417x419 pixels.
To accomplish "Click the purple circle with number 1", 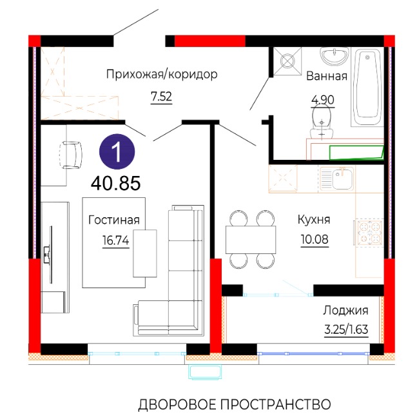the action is click(117, 151).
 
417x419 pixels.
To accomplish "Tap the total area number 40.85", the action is click(115, 183).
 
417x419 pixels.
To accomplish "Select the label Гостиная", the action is click(114, 220).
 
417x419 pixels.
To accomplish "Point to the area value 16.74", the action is click(115, 240).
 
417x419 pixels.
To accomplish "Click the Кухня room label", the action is click(314, 219).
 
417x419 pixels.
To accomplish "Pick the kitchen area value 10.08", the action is click(315, 239).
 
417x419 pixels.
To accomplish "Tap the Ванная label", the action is click(326, 76).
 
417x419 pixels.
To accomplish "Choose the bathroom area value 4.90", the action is click(323, 100).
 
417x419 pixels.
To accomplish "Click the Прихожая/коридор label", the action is click(162, 74).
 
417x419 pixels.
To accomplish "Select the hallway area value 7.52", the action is click(161, 97).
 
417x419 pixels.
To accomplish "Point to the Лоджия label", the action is click(345, 311).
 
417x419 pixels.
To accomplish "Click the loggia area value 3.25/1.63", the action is click(346, 329).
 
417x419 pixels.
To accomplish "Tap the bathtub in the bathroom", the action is click(367, 88).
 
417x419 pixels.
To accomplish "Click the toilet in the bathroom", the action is click(322, 121).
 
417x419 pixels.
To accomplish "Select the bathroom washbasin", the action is click(334, 56).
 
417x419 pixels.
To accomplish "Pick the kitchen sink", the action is click(337, 178).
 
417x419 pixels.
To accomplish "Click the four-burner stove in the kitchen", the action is click(369, 232).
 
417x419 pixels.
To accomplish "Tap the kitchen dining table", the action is click(251, 239).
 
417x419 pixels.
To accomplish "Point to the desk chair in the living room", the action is click(71, 155).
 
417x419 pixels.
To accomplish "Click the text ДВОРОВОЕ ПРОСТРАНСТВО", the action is click(235, 404).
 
